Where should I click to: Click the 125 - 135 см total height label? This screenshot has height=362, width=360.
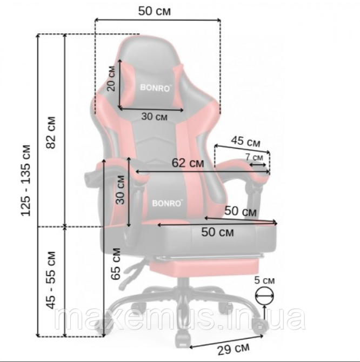tap(26, 180)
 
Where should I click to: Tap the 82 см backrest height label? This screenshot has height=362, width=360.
tap(51, 132)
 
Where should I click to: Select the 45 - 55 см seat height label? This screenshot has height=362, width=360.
tap(51, 280)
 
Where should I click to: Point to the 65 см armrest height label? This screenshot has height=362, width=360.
tap(116, 264)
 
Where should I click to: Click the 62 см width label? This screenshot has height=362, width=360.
tap(188, 163)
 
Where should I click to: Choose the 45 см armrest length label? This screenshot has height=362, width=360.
tap(246, 142)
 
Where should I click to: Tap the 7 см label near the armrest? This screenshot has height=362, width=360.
tap(254, 157)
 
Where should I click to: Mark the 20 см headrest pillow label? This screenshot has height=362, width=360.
tap(111, 78)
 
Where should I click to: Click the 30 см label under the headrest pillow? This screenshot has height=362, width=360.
tap(154, 117)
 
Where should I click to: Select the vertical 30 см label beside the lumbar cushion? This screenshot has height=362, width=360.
tap(120, 190)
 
